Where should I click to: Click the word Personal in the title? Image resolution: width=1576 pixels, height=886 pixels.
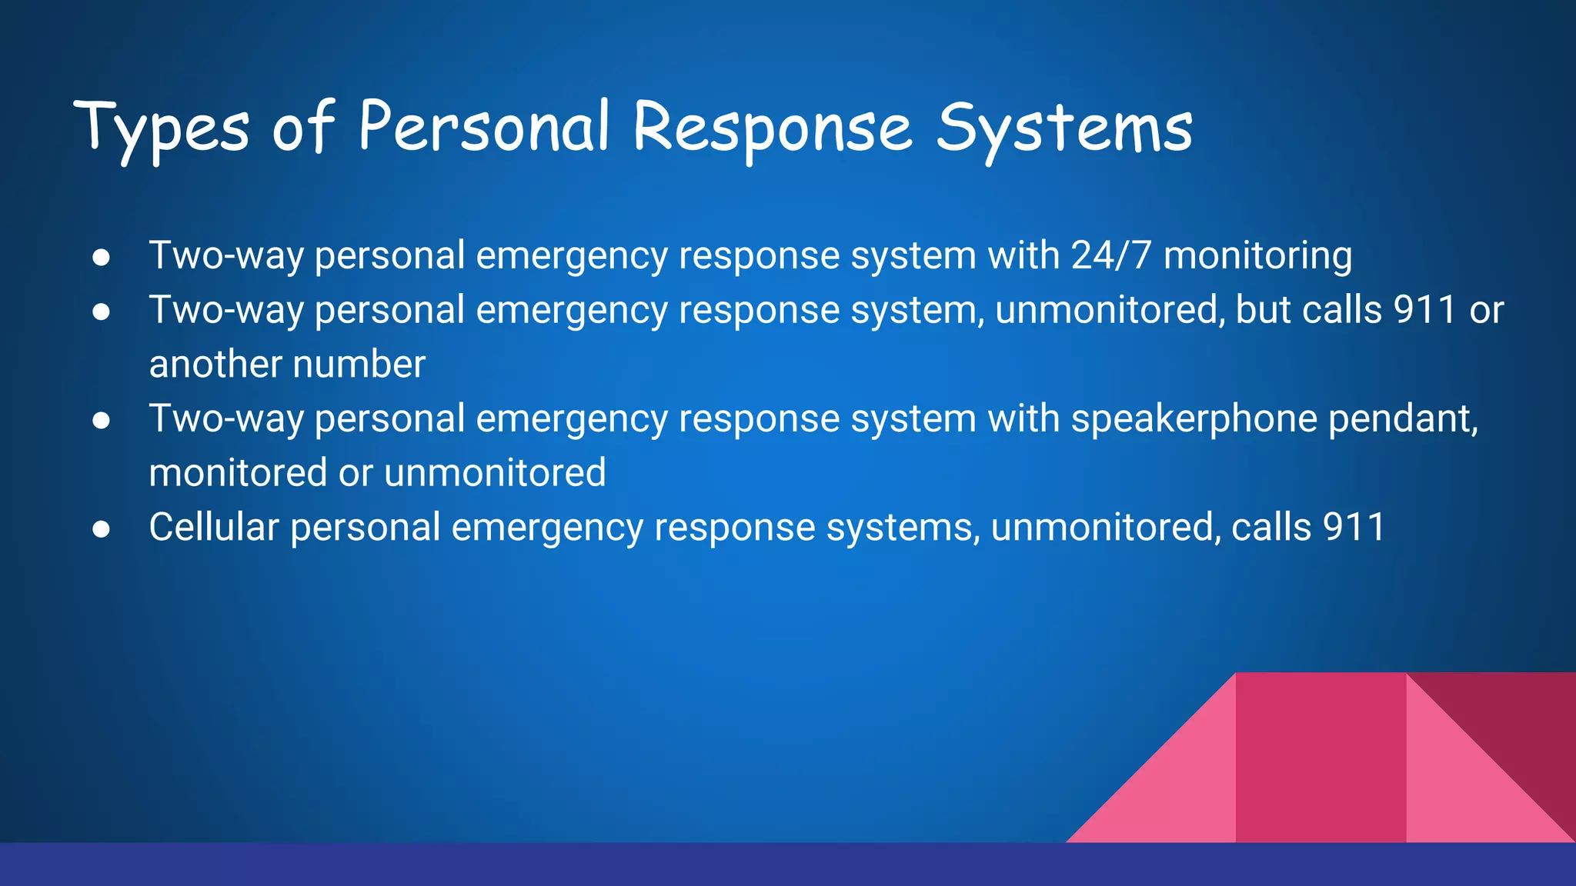(x=484, y=127)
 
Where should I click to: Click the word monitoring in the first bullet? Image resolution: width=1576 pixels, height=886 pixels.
(x=1257, y=257)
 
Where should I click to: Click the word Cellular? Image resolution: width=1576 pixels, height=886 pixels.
(x=213, y=528)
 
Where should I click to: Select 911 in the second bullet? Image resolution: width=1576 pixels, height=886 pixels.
(x=1424, y=310)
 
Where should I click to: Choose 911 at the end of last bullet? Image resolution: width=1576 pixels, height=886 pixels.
(x=1354, y=528)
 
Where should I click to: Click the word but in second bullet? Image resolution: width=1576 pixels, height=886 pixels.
(x=1263, y=310)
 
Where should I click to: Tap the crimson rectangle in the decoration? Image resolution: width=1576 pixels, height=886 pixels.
(x=1321, y=758)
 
